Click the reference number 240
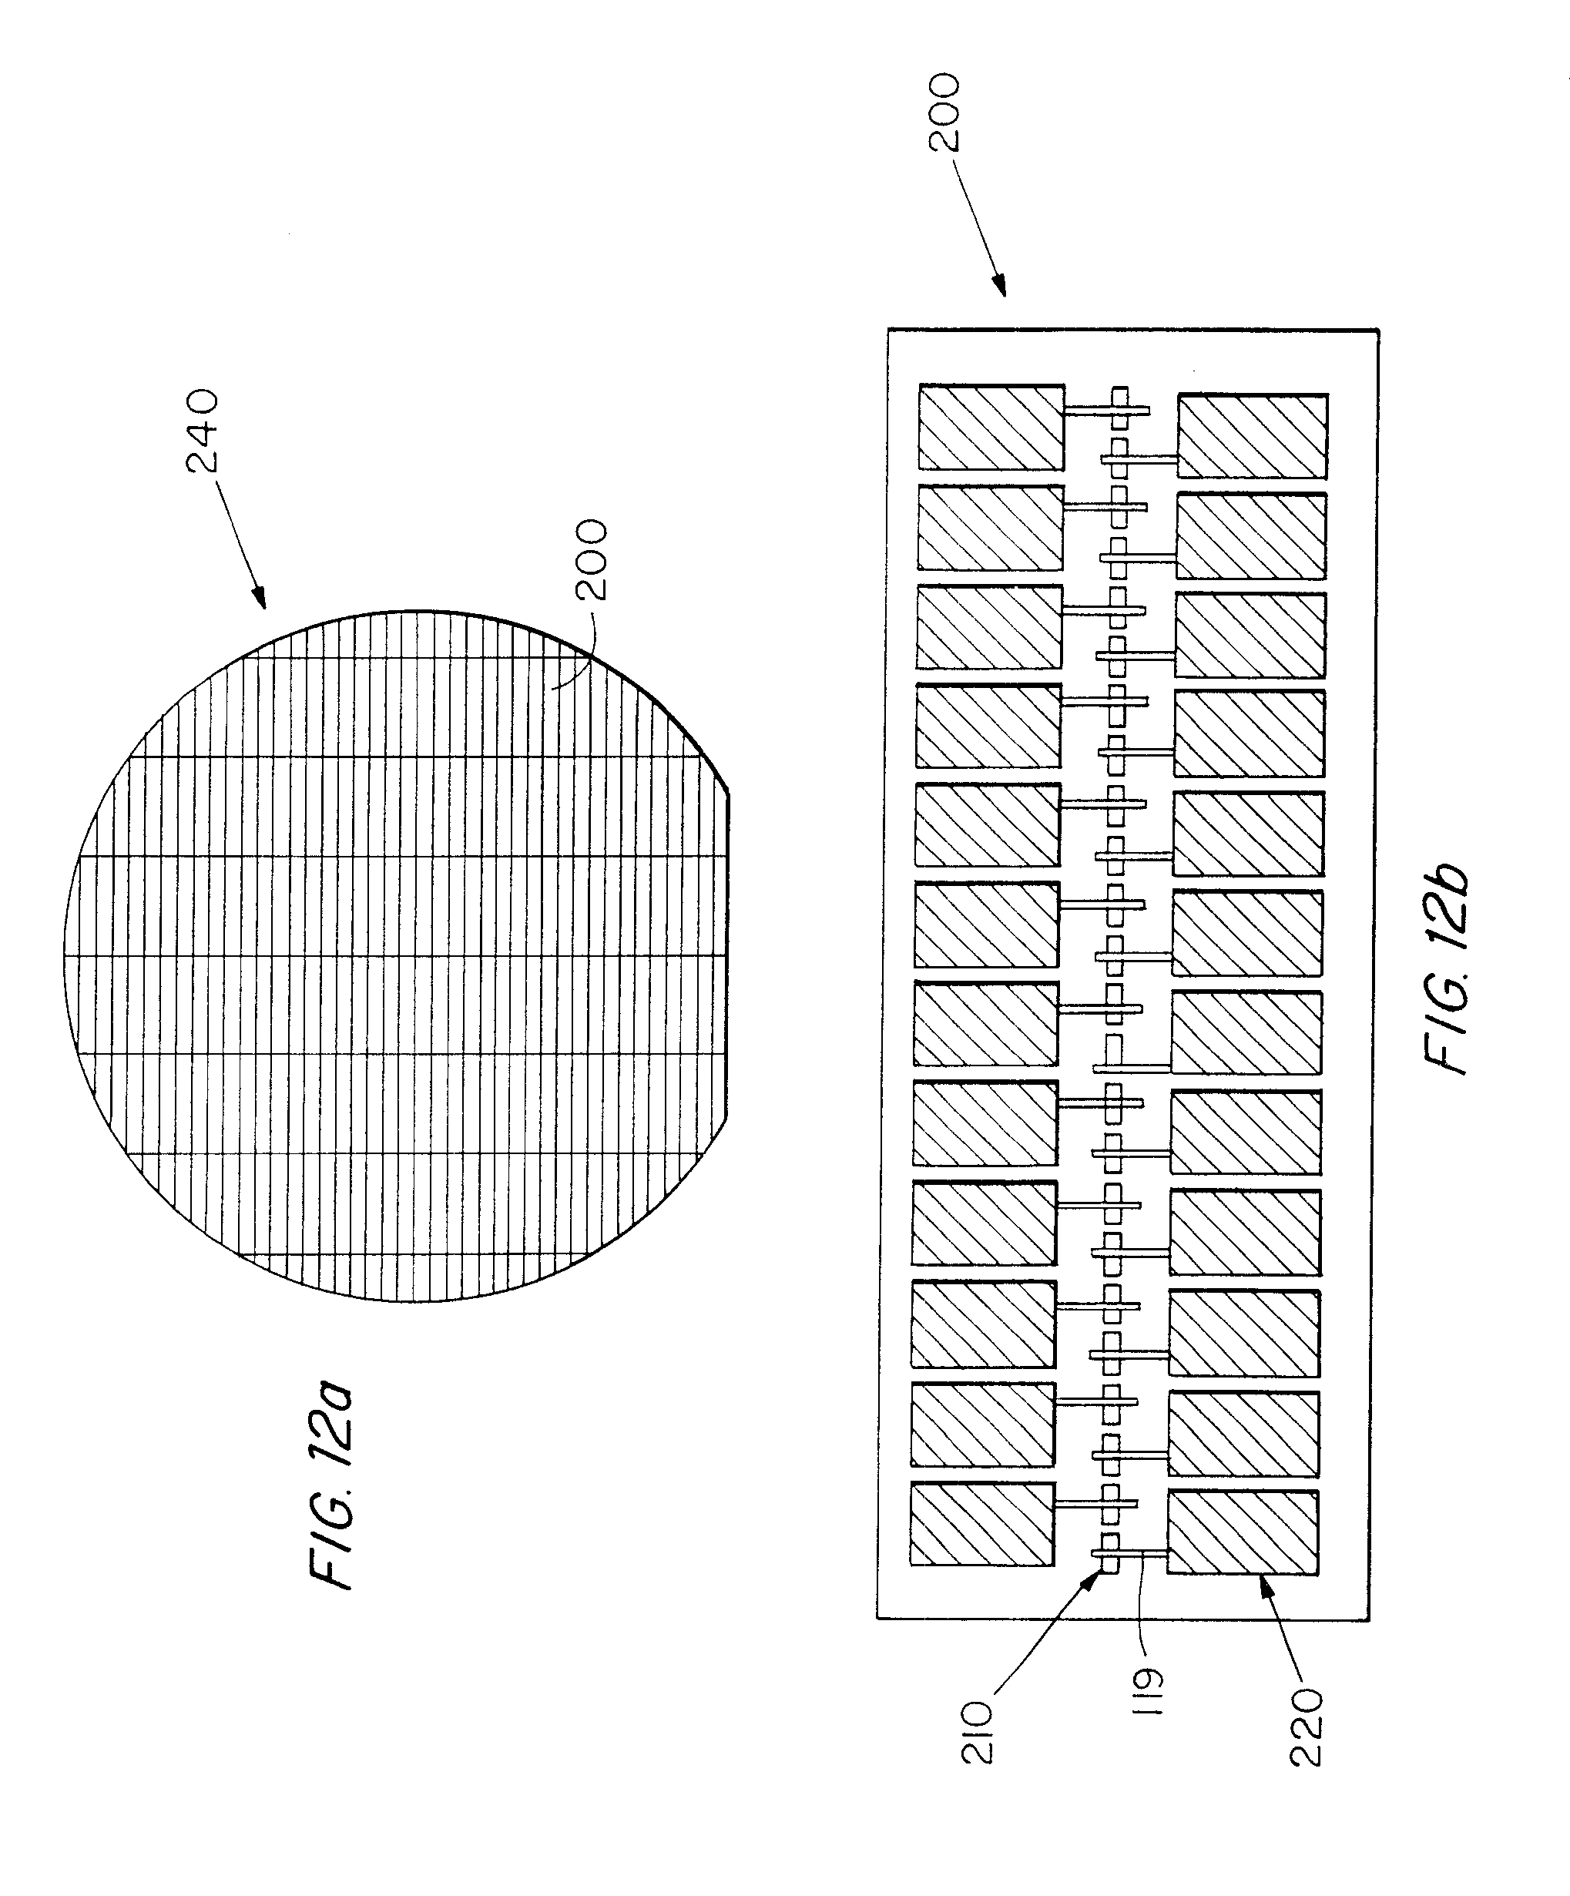(201, 431)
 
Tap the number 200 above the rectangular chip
(944, 112)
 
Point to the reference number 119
(1150, 1692)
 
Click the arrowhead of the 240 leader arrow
(260, 601)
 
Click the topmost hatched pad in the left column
(991, 427)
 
